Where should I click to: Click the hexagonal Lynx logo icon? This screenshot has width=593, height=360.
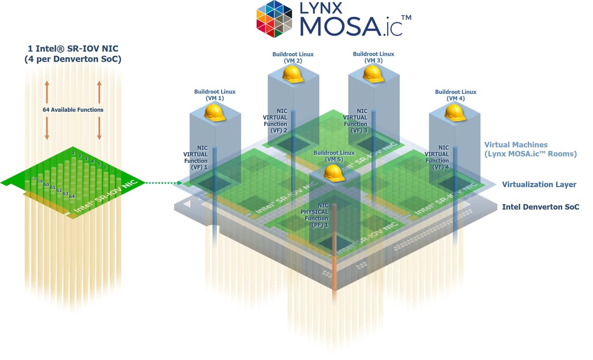[x=275, y=19]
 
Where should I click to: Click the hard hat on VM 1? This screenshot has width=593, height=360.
[x=214, y=113]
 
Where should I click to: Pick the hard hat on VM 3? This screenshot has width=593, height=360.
[x=373, y=74]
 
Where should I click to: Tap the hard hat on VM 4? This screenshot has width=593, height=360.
[x=455, y=112]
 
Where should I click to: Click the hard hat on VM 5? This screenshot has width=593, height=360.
[x=334, y=173]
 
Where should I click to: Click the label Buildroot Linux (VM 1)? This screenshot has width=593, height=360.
[x=214, y=95]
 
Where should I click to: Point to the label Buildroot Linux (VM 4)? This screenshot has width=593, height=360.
[x=455, y=95]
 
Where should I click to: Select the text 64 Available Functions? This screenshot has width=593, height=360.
[x=73, y=110]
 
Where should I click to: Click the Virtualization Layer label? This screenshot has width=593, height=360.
[x=539, y=184]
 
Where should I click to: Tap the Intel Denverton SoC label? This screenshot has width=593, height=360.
[x=540, y=207]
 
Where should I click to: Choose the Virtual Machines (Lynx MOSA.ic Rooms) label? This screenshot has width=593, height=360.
[x=530, y=149]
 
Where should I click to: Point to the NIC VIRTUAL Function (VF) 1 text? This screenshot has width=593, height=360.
[x=195, y=157]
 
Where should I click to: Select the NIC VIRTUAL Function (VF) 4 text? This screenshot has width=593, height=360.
[x=437, y=157]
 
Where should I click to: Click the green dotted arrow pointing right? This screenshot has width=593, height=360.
[x=163, y=183]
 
